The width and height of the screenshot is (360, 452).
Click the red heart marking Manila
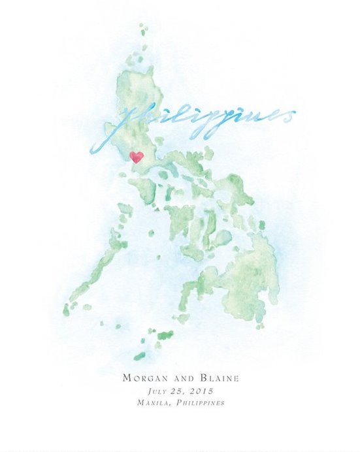(x=137, y=157)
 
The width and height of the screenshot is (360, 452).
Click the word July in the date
(x=159, y=391)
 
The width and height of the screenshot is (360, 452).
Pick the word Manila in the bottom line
(x=152, y=402)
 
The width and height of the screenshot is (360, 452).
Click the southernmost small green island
(x=139, y=356)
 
